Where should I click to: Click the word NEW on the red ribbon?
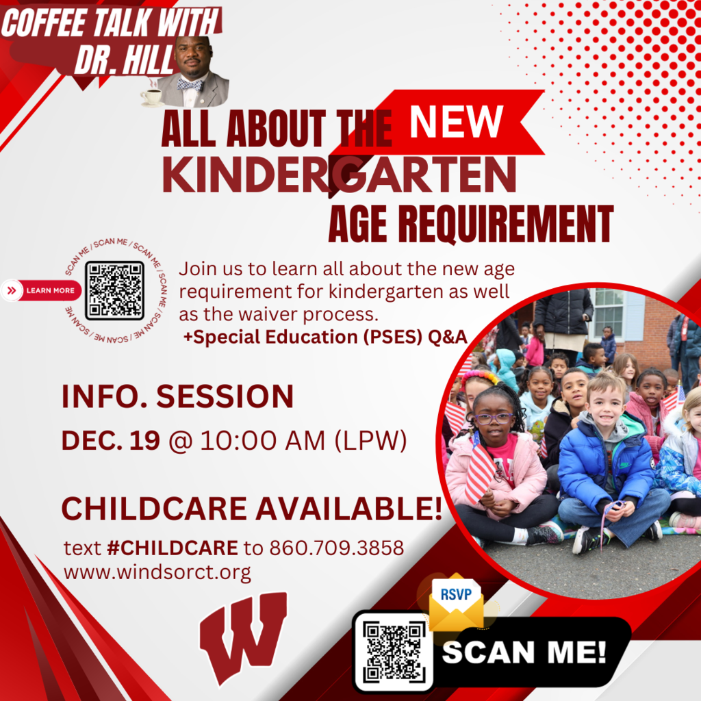[x=456, y=121]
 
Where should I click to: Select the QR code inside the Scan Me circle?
[x=114, y=290]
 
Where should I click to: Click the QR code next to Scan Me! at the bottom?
[x=393, y=651]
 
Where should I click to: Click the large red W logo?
[x=243, y=637]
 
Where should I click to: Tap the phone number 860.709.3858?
[x=336, y=548]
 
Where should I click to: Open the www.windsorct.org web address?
[x=157, y=572]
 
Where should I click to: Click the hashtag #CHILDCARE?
[x=172, y=548]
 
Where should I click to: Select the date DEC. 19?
[x=110, y=442]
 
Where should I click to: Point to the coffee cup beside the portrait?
[x=151, y=97]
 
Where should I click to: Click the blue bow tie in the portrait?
[x=190, y=84]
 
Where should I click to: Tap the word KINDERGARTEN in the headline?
[x=339, y=176]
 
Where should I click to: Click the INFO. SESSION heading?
[x=177, y=397]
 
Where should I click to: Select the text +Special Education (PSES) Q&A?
[x=325, y=336]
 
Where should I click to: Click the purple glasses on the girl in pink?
[x=492, y=418]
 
